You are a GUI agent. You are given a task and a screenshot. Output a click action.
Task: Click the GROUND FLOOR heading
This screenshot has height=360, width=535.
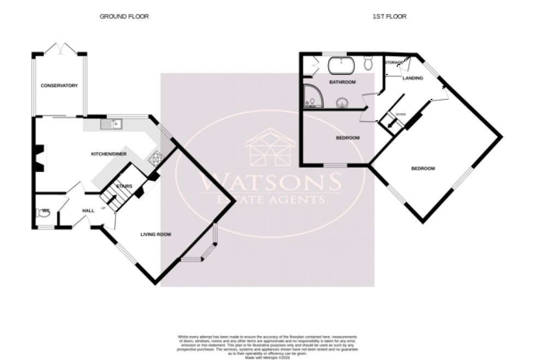tap(124, 16)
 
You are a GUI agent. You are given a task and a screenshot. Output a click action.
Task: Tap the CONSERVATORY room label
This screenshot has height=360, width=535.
tap(59, 86)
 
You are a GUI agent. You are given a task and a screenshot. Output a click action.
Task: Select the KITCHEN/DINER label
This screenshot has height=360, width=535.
tap(109, 155)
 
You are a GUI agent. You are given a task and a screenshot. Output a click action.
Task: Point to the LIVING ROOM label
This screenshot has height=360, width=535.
tap(156, 234)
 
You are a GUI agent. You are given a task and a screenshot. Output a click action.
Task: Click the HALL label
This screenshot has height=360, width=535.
tap(88, 210)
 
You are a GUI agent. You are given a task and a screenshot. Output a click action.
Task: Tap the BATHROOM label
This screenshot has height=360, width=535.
tap(342, 82)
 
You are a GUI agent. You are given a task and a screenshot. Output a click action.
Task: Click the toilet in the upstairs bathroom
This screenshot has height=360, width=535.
tap(368, 65)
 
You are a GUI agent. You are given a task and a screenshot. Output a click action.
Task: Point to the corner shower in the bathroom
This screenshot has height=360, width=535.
tap(312, 97)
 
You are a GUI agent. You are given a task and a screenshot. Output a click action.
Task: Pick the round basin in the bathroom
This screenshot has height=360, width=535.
tap(342, 102)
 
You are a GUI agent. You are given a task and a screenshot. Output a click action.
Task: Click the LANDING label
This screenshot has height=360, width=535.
tap(412, 78)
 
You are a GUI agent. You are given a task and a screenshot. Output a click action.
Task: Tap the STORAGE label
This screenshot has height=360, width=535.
tap(394, 63)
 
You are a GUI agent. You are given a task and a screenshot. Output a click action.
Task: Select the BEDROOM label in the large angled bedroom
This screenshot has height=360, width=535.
tap(423, 169)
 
